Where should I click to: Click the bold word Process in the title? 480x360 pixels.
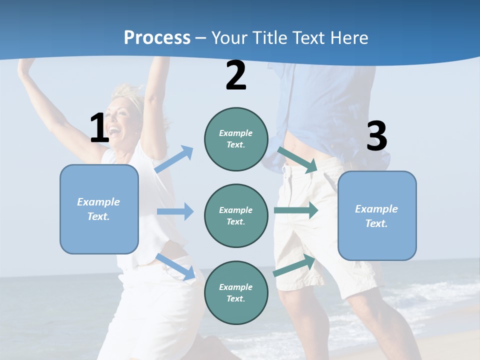click(x=157, y=38)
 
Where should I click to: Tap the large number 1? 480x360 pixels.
click(x=99, y=128)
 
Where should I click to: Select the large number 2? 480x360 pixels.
click(x=235, y=76)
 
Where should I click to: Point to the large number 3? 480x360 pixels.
click(x=376, y=136)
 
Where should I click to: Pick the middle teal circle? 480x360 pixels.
click(x=236, y=216)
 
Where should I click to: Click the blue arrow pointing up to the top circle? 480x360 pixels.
click(x=174, y=159)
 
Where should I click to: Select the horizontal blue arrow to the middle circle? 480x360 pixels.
click(x=175, y=211)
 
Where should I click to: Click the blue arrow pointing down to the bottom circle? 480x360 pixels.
click(x=175, y=266)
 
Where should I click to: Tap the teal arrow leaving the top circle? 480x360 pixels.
click(x=298, y=159)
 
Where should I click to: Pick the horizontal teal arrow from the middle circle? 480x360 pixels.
click(x=295, y=210)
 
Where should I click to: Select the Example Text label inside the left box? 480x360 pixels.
click(x=98, y=209)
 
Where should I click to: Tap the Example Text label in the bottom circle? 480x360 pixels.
click(x=235, y=292)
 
